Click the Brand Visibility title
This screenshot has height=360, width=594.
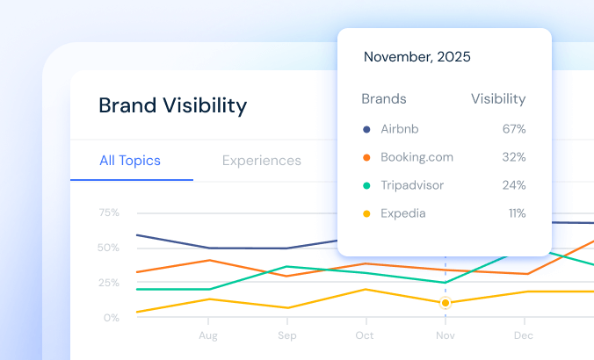pos(172,106)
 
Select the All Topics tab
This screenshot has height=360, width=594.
pos(130,161)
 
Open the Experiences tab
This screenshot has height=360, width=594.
pos(261,161)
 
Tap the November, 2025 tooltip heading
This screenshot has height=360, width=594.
pos(417,57)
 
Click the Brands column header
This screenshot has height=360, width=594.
pos(384,99)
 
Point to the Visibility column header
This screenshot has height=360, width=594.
pos(498,99)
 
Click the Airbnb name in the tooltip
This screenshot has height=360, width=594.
pos(400,129)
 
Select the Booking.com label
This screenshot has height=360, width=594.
pos(417,157)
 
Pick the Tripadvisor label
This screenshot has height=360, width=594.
pos(412,185)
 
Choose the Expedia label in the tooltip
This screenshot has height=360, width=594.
pos(404,213)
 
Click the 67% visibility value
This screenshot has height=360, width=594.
pos(514,129)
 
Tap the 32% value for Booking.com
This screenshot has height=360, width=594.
pos(514,157)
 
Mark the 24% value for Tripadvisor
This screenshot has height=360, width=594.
pos(514,185)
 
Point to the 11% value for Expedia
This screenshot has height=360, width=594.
pos(516,213)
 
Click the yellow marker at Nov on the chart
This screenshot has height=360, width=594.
pos(445,303)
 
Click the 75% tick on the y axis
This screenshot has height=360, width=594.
pos(109,212)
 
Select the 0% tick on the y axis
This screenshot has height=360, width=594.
pos(112,318)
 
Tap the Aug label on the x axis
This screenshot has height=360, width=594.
pos(208,336)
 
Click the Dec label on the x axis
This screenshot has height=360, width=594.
pos(523,336)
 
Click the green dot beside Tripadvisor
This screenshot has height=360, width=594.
pos(366,185)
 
